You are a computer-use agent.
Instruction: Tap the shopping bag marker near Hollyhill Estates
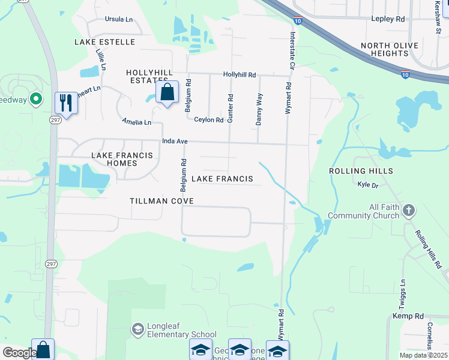[167, 92]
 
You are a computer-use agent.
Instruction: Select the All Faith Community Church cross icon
[409, 210]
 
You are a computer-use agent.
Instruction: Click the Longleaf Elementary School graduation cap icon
[137, 329]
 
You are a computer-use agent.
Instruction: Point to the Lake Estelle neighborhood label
[104, 42]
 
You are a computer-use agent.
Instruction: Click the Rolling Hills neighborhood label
[361, 171]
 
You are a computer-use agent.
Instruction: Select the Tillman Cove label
[161, 200]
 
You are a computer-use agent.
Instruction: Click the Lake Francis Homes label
[122, 159]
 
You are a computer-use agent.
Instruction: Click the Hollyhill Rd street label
[240, 75]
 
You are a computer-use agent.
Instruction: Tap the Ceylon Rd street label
[209, 120]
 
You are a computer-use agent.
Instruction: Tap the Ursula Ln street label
[118, 19]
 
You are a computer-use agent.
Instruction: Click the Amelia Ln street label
[136, 122]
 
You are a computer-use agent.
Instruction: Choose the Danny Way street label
[259, 109]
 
